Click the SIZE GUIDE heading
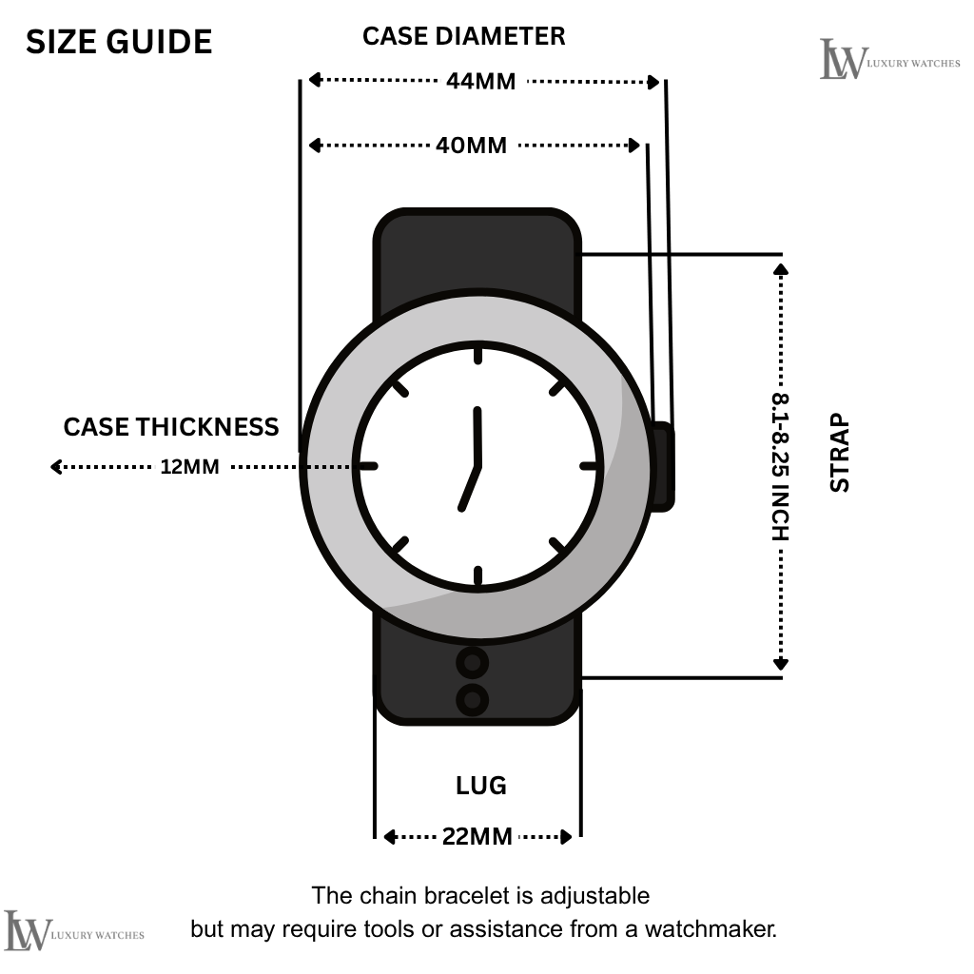[119, 42]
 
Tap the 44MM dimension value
[480, 82]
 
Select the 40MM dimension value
[471, 146]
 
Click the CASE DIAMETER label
[464, 36]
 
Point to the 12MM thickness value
[189, 467]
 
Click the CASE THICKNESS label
[171, 427]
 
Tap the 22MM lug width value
[477, 837]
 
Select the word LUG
[480, 786]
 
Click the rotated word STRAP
[840, 452]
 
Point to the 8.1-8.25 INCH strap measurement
[781, 466]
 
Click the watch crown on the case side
[663, 466]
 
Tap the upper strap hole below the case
[473, 661]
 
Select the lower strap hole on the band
[473, 700]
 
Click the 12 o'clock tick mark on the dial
[477, 355]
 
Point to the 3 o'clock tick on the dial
[591, 466]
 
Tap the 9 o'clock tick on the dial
[366, 466]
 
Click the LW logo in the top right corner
[844, 59]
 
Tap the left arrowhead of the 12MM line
[56, 467]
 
